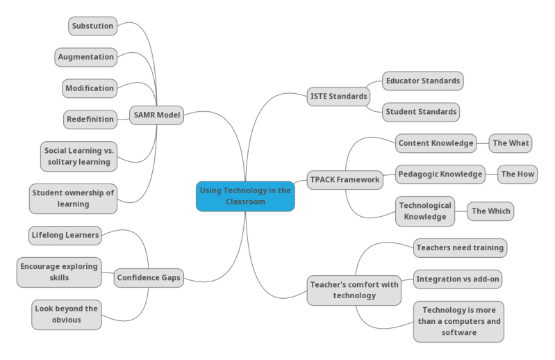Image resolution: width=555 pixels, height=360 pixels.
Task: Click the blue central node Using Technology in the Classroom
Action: click(245, 196)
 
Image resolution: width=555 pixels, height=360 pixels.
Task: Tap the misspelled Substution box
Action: click(93, 26)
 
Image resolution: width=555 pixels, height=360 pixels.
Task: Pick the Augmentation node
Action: click(86, 57)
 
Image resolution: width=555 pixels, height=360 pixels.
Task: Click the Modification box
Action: click(90, 88)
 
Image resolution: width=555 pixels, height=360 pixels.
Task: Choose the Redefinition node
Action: click(90, 120)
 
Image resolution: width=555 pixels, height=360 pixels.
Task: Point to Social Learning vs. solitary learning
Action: click(78, 156)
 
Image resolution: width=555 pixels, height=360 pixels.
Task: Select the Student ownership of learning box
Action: click(73, 198)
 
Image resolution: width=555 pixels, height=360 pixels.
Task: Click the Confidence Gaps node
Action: click(149, 278)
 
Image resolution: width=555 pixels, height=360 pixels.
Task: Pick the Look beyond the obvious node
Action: click(67, 314)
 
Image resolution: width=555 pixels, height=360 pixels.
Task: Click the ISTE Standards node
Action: click(338, 97)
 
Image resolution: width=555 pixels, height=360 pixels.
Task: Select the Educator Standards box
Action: click(422, 81)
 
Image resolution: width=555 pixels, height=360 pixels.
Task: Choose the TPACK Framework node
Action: click(345, 179)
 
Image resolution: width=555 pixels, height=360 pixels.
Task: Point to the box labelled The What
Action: click(511, 143)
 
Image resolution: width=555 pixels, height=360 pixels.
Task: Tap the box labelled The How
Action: click(517, 174)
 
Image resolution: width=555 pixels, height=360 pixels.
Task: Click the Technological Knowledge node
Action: click(425, 211)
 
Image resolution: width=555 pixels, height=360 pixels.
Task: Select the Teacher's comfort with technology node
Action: click(354, 290)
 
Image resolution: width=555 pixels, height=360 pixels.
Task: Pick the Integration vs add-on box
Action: click(458, 279)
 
